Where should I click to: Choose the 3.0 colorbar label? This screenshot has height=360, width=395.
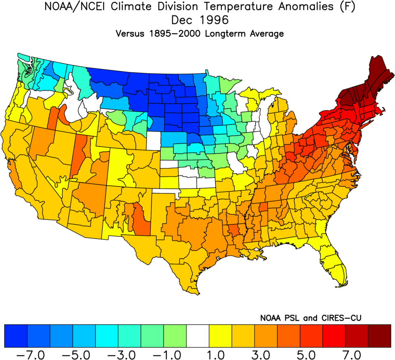pyautogui.click(x=266, y=354)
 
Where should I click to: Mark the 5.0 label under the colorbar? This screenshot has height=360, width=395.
pyautogui.click(x=311, y=354)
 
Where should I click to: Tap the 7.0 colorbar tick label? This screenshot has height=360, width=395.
pyautogui.click(x=356, y=354)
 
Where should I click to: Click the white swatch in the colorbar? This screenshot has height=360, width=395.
pyautogui.click(x=198, y=335)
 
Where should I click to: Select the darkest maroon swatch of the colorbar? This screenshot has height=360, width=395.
pyautogui.click(x=379, y=335)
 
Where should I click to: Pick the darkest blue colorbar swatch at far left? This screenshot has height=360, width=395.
pyautogui.click(x=16, y=335)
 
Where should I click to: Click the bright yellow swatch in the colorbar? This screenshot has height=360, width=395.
pyautogui.click(x=220, y=335)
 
